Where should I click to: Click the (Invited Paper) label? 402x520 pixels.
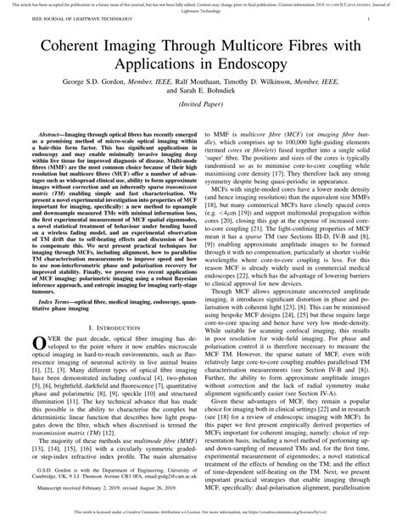[200, 110]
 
